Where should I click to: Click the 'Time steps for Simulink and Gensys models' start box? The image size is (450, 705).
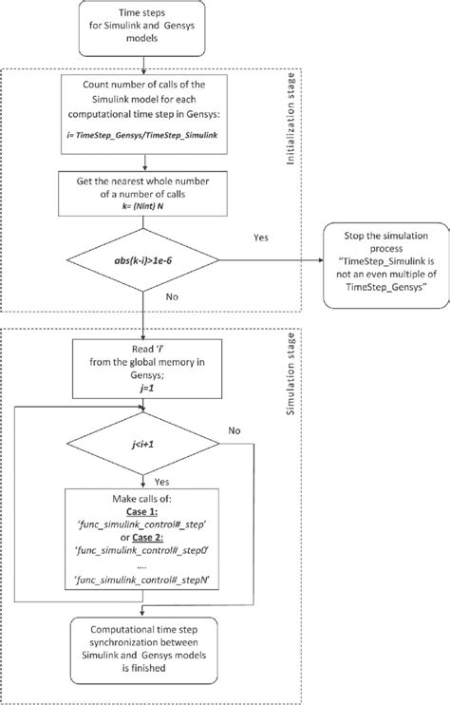[141, 29]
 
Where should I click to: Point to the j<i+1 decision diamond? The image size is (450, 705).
[141, 470]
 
